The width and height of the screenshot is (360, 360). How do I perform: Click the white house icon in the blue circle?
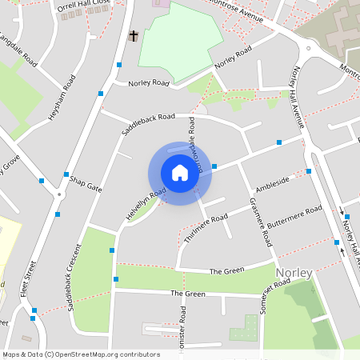pyautogui.click(x=179, y=173)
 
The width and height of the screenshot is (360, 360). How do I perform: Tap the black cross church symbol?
pyautogui.click(x=134, y=36)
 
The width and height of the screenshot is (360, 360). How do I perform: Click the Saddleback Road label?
pyautogui.click(x=148, y=126)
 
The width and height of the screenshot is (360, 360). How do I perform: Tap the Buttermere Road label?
pyautogui.click(x=294, y=218)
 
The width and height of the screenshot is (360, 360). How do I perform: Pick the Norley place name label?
pyautogui.click(x=294, y=273)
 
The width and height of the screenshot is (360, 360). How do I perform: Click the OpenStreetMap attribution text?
pyautogui.click(x=80, y=354)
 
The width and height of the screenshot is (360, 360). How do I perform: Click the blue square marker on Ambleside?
pyautogui.click(x=308, y=171)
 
